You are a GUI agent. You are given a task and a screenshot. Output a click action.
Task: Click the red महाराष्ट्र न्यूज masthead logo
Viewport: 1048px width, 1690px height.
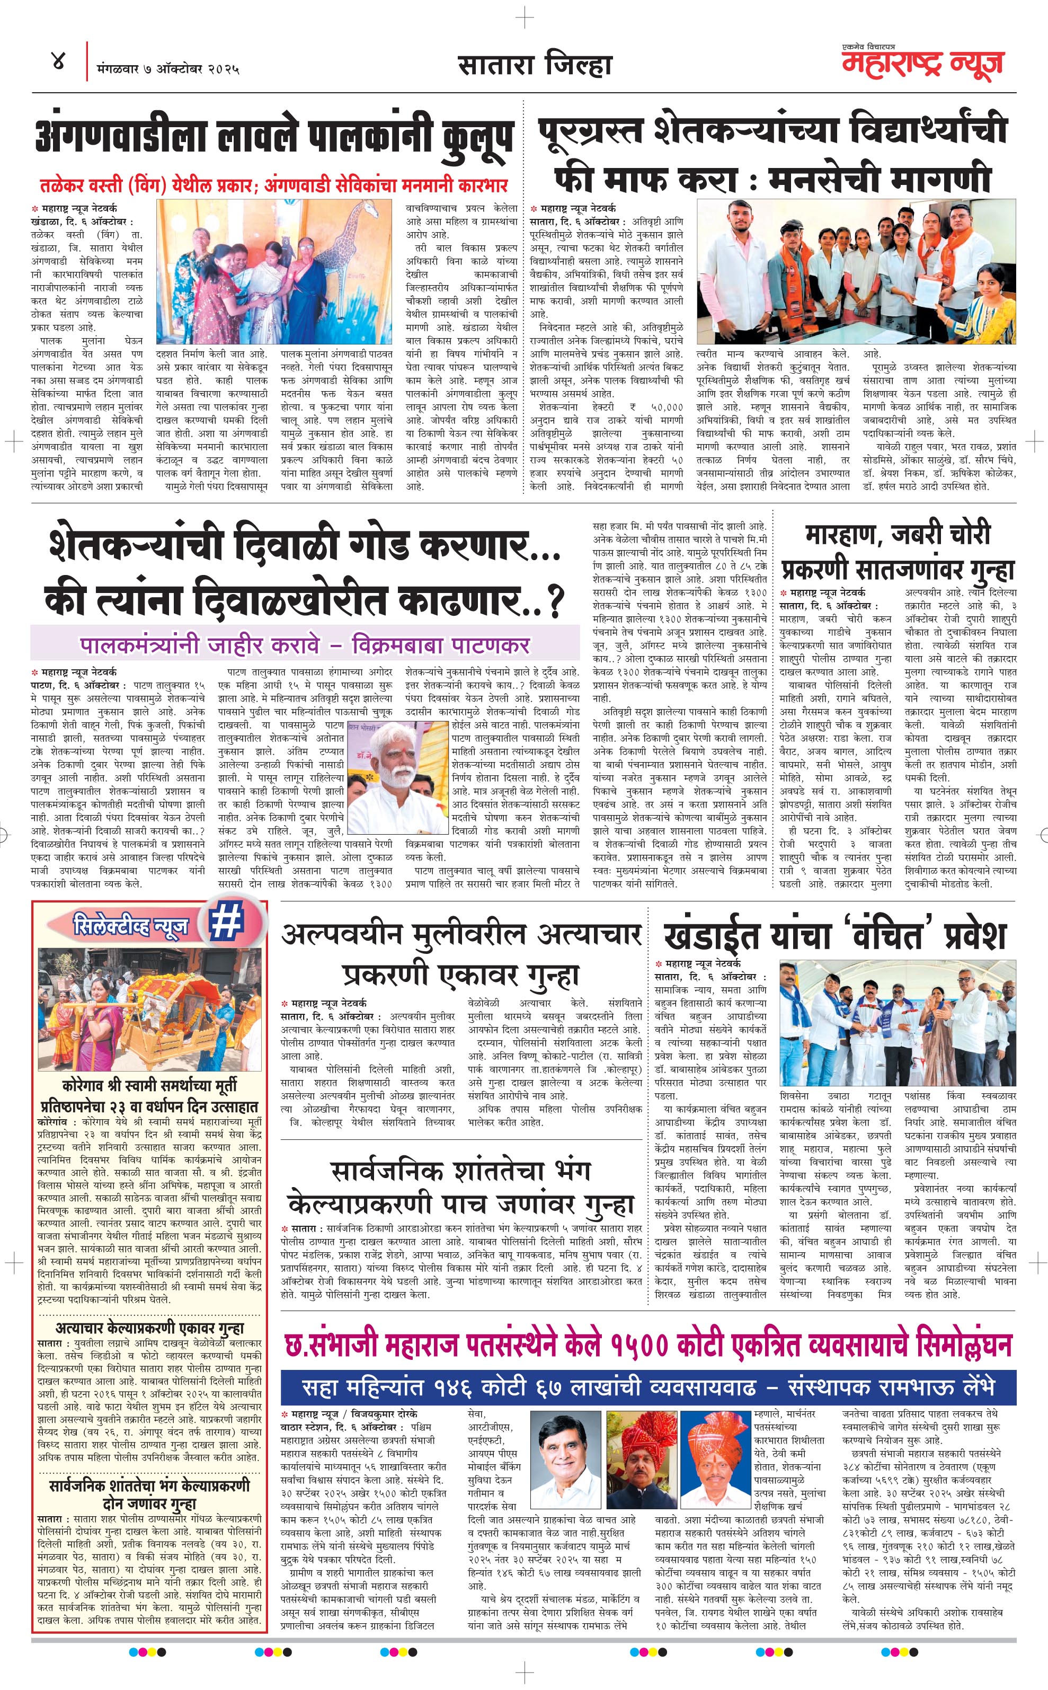point(922,64)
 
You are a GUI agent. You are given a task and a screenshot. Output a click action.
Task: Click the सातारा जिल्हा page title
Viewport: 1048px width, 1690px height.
point(535,66)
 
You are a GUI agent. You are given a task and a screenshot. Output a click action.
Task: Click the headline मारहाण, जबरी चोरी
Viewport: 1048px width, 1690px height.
point(898,534)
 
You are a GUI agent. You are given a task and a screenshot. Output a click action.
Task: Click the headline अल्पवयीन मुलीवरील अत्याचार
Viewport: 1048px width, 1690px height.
point(461,935)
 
